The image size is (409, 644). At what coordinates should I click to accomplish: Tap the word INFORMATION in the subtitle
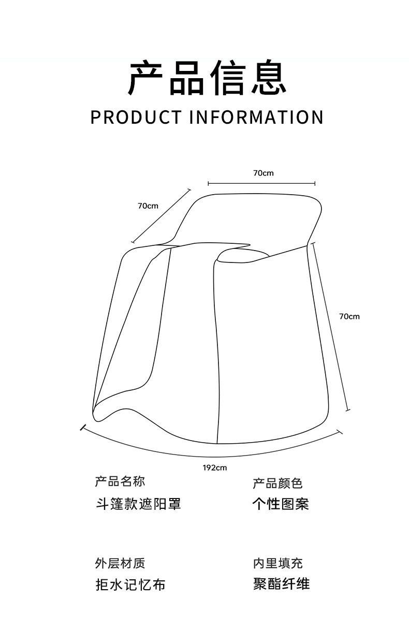[x=256, y=117]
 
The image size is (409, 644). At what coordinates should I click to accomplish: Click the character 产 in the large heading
[x=147, y=79]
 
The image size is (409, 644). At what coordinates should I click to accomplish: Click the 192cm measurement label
[x=214, y=467]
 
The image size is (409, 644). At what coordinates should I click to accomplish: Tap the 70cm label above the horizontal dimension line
[x=263, y=173]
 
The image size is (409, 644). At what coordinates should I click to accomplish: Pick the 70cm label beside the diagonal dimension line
[x=148, y=206]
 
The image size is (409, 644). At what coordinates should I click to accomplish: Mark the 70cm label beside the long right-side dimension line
[x=349, y=316]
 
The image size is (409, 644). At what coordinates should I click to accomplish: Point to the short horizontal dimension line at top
[x=261, y=183]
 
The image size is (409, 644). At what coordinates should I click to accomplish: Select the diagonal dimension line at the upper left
[x=161, y=216]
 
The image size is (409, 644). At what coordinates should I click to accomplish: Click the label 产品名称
[x=120, y=482]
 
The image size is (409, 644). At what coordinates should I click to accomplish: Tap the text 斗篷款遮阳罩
[x=138, y=504]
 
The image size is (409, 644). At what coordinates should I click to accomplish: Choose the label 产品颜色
[x=277, y=484]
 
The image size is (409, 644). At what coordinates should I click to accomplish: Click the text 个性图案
[x=280, y=504]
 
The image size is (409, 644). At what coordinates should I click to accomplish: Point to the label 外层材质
[x=120, y=563]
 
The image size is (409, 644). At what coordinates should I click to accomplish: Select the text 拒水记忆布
[x=130, y=585]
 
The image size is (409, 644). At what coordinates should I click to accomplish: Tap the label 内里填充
[x=277, y=563]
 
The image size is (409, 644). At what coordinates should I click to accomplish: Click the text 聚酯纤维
[x=281, y=584]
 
